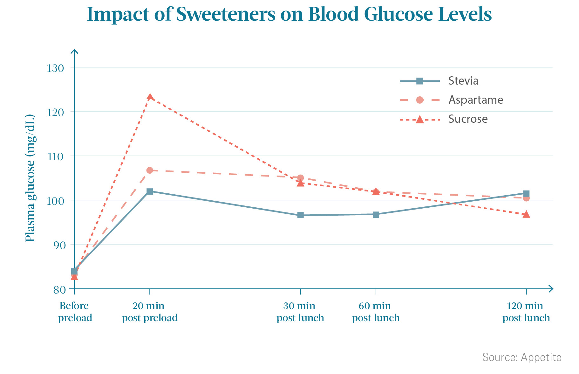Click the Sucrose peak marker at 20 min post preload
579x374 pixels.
pos(150,97)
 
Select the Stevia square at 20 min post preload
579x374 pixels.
pos(150,191)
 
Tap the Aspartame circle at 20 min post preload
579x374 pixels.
pos(150,170)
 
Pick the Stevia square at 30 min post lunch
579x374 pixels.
pos(301,215)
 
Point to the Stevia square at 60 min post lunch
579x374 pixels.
pos(376,215)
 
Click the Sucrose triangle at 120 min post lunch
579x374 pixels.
pos(526,214)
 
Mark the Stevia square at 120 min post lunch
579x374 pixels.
pos(526,194)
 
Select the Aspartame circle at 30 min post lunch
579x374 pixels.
pos(300,178)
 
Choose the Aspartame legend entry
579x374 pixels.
pos(452,100)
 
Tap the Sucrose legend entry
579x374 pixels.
pos(444,119)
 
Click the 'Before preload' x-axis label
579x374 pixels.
pos(75,312)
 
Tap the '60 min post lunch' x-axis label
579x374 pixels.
pos(376,312)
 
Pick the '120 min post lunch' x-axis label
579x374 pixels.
pos(526,312)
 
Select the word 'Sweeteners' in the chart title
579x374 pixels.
pos(226,14)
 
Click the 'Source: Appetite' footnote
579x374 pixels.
pos(522,357)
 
